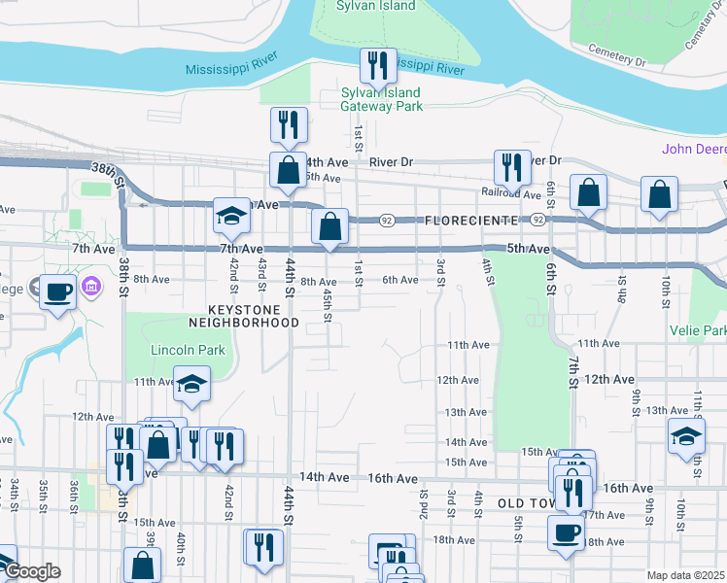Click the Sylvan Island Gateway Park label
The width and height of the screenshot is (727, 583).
tap(381, 99)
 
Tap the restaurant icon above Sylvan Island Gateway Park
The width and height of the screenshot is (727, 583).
tap(375, 66)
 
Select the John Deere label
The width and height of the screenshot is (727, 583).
tap(694, 149)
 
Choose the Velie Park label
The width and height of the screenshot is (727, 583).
tap(698, 330)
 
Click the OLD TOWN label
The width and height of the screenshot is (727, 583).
tap(525, 503)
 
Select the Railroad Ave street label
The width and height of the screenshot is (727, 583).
tap(511, 194)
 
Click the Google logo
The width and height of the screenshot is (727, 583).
tap(31, 571)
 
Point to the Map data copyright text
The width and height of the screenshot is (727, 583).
tap(685, 575)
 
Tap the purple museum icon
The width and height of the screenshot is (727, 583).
tap(91, 288)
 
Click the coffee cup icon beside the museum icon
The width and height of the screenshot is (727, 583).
tap(58, 290)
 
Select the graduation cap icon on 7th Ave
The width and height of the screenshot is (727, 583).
tap(232, 216)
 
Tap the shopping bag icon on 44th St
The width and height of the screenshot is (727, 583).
tap(289, 170)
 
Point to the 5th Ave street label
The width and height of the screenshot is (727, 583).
tap(529, 250)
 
